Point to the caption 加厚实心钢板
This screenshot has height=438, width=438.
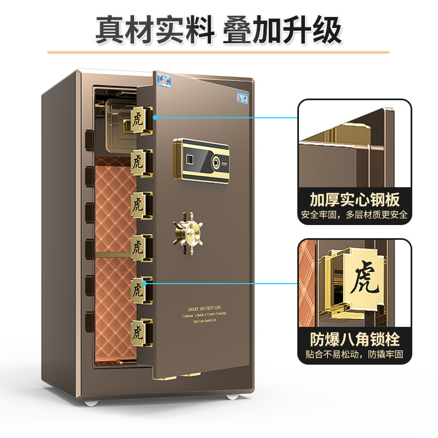[354, 198]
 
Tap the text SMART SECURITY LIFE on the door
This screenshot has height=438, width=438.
[214, 308]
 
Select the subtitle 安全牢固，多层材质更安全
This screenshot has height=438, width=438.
[354, 215]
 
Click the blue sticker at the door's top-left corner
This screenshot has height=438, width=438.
[163, 79]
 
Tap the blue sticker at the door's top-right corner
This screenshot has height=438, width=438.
[241, 99]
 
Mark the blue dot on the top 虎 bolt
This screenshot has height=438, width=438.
[155, 117]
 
